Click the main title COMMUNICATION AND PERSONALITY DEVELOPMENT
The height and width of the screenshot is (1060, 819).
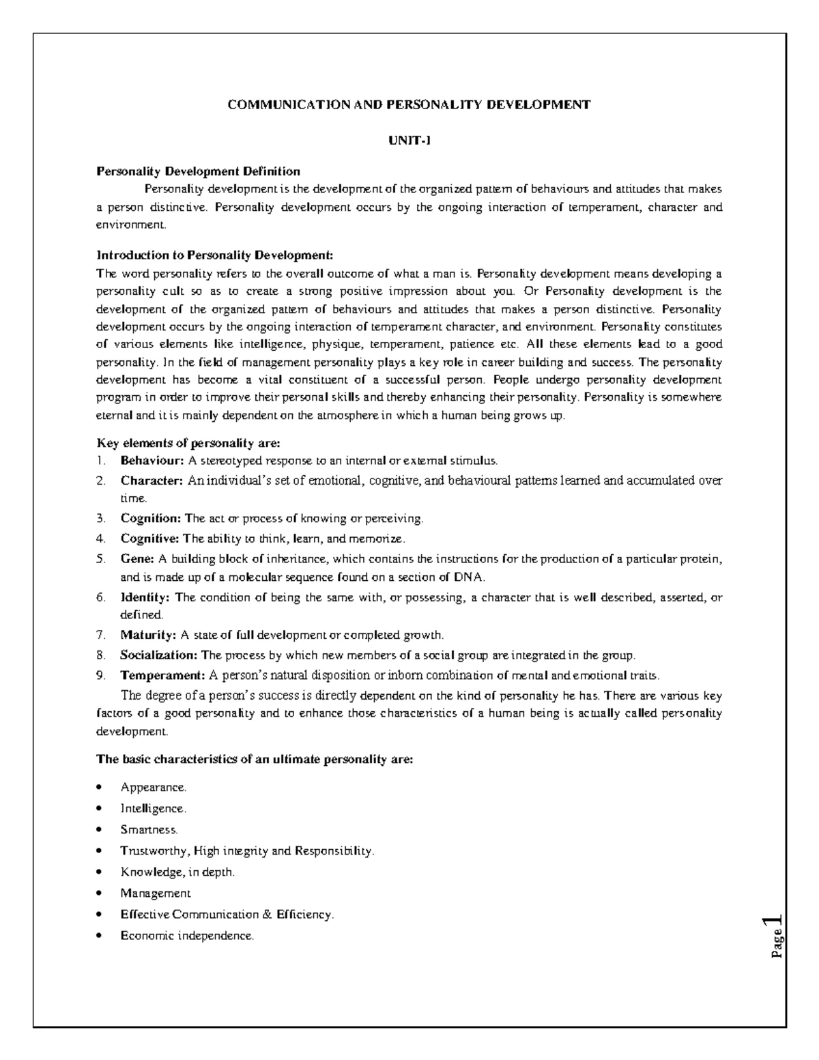pyautogui.click(x=409, y=104)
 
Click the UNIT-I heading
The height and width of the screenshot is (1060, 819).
pyautogui.click(x=409, y=141)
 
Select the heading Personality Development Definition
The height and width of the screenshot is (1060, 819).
pyautogui.click(x=198, y=171)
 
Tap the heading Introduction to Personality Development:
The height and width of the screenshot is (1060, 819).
pyautogui.click(x=215, y=256)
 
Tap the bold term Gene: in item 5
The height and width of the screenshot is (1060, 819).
pyautogui.click(x=138, y=559)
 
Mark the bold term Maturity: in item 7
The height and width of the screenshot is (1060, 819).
pyautogui.click(x=148, y=635)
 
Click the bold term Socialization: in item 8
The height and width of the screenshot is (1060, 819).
pyautogui.click(x=159, y=655)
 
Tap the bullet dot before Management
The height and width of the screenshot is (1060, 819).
pyautogui.click(x=100, y=893)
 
